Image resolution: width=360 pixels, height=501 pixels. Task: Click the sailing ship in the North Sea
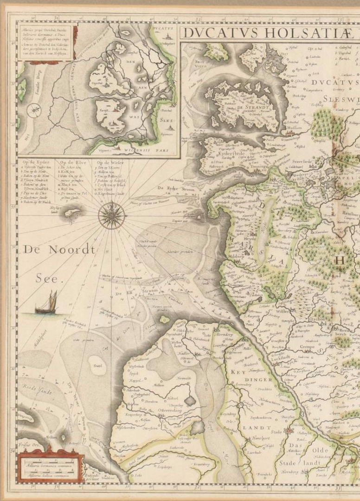[46, 303]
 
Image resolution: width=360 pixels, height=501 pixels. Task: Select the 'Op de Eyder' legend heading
[36, 163]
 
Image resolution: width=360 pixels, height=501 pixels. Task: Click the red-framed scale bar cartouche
[50, 465]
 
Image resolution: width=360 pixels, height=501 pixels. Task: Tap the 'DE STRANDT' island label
[252, 107]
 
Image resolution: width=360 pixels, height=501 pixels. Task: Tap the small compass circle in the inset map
[33, 110]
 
